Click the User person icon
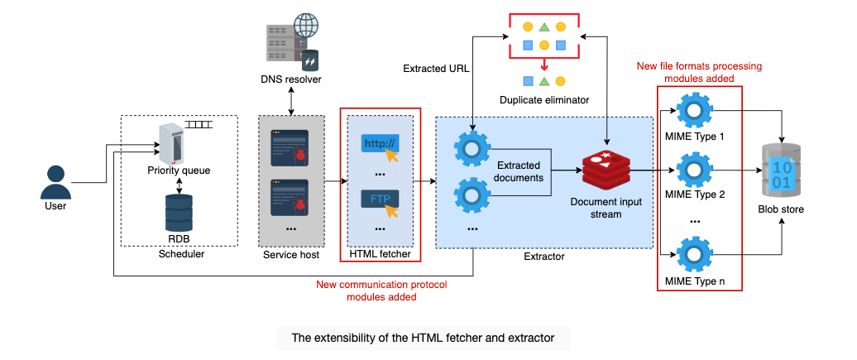click(55, 182)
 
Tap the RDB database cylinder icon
click(179, 213)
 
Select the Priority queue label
click(179, 170)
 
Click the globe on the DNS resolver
click(306, 26)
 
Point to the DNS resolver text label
click(291, 79)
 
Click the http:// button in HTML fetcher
click(381, 145)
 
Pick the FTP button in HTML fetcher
click(381, 199)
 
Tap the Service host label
click(291, 255)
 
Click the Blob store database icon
click(782, 172)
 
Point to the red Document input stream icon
click(606, 167)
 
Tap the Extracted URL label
click(436, 69)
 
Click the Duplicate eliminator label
click(543, 99)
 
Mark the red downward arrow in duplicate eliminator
click(543, 64)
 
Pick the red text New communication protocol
click(381, 285)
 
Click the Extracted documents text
click(519, 171)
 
